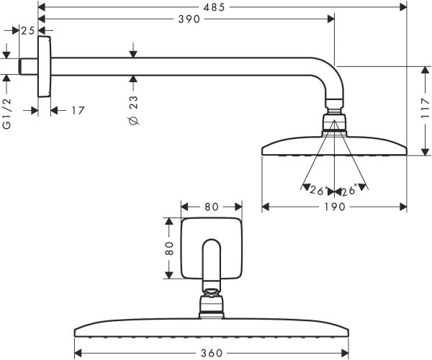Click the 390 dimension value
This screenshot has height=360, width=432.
coord(188,19)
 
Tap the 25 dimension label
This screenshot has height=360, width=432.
coord(28,30)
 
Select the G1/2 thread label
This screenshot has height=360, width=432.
coord(8,114)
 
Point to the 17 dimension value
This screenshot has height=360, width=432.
coord(77,110)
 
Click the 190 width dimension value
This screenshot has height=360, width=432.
coord(335,207)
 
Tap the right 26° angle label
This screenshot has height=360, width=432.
coord(351,191)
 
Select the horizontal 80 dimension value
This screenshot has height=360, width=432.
coord(211,207)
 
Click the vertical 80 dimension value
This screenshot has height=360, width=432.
coord(170,249)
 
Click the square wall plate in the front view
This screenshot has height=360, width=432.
coord(210,249)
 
